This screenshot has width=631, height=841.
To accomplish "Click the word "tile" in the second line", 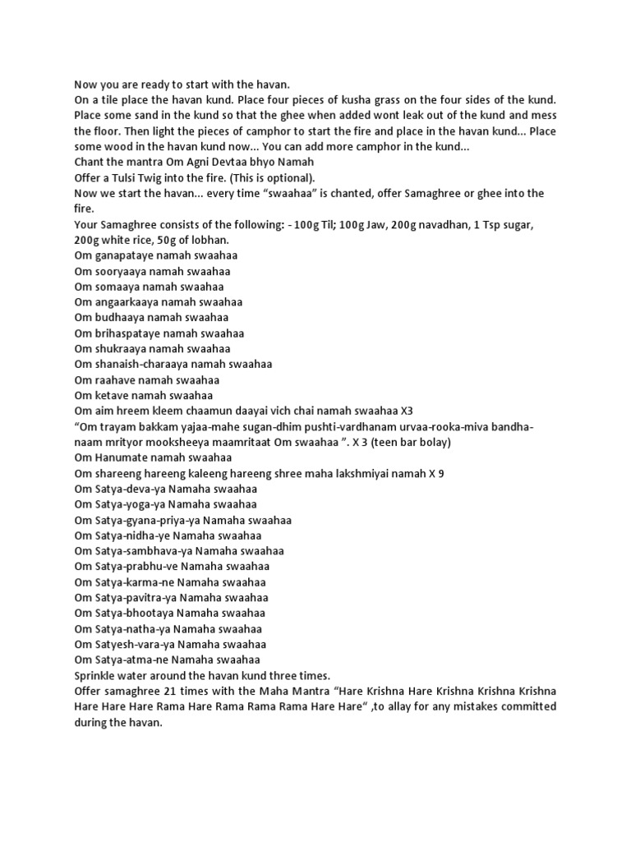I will [104, 99].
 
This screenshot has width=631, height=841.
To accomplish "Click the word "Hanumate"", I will [121, 457].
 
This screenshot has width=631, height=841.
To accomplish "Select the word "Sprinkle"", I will [98, 675].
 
